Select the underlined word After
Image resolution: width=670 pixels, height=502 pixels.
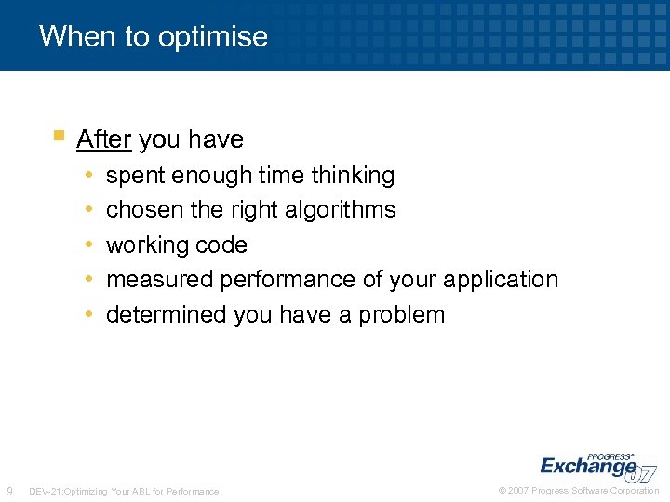(x=103, y=139)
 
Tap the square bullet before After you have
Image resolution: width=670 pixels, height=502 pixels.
(x=59, y=136)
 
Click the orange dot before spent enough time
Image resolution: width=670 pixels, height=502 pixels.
(x=87, y=176)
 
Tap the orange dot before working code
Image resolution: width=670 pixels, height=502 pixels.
(x=87, y=245)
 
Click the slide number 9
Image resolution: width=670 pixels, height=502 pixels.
(x=9, y=491)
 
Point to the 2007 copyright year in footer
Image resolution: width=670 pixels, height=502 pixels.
(x=519, y=491)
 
